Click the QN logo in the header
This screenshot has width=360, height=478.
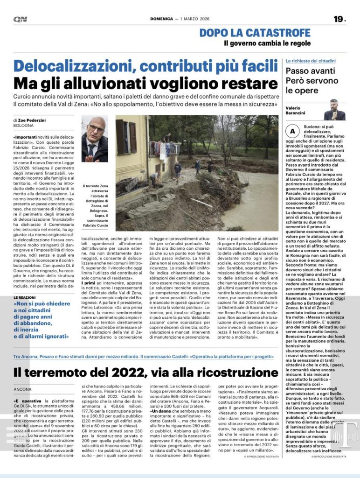pyautogui.click(x=20, y=19)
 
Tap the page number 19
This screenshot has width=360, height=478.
pyautogui.click(x=339, y=19)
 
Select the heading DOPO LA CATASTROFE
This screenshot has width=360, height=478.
pyautogui.click(x=255, y=33)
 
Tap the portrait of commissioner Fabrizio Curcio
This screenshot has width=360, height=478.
pyautogui.click(x=95, y=139)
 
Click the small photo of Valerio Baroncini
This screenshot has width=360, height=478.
pyautogui.click(x=334, y=110)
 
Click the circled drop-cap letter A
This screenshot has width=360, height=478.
pyautogui.click(x=292, y=131)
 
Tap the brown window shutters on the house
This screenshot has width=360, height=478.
pyautogui.click(x=126, y=137)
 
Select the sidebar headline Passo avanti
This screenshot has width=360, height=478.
pyautogui.click(x=310, y=71)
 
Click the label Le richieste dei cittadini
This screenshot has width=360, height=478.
pyautogui.click(x=310, y=61)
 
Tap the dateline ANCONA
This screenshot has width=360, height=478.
pyautogui.click(x=23, y=389)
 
